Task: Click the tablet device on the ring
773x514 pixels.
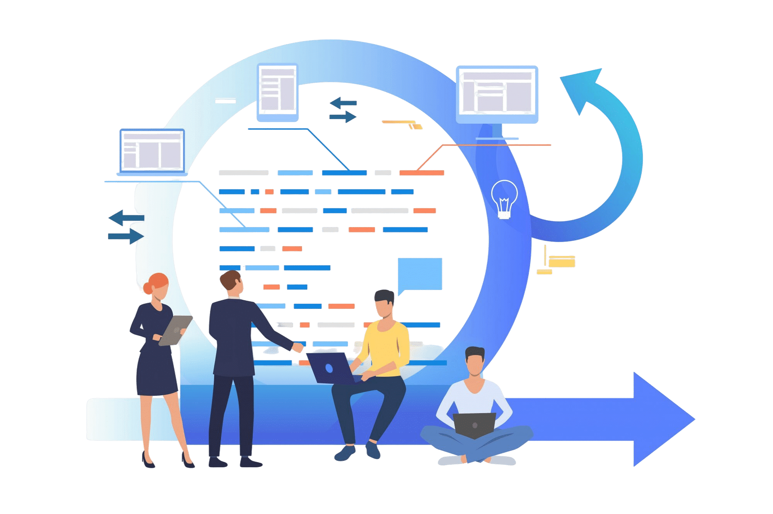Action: point(278,92)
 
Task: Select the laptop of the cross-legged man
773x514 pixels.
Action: point(474,425)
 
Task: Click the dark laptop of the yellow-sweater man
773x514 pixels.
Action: point(329,368)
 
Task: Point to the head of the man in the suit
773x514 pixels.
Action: point(233,284)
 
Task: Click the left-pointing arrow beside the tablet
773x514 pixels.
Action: point(343,103)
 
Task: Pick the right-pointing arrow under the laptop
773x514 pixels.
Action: point(126,236)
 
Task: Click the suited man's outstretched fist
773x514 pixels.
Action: point(298,347)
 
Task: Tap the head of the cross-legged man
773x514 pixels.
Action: point(475,361)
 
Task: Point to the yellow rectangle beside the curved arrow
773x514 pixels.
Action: point(562,262)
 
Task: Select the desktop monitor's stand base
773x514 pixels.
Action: point(497,138)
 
